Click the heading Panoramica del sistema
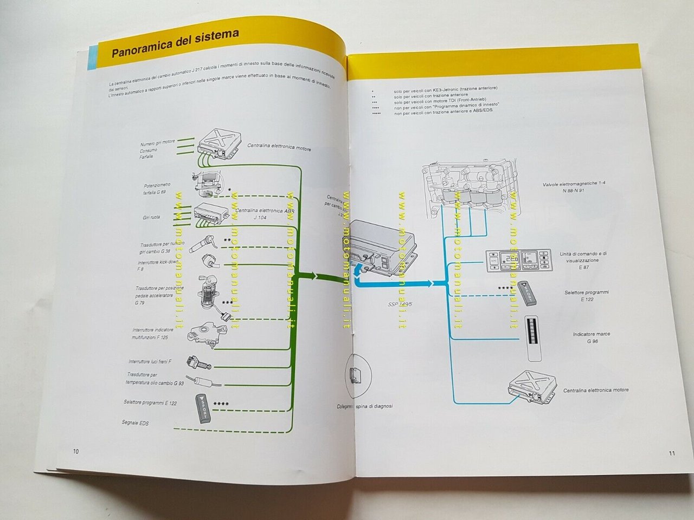click(175, 44)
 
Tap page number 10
click(76, 451)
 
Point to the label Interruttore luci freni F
click(151, 361)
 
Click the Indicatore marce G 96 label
click(591, 337)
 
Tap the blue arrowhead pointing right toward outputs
click(430, 283)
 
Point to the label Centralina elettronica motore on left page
click(279, 147)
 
